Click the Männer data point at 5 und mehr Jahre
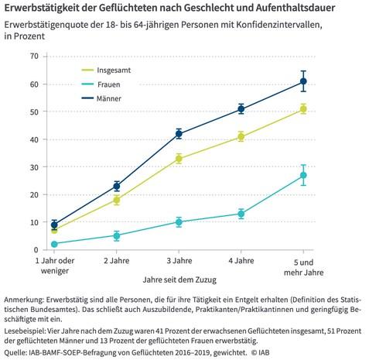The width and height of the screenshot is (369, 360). tap(303, 81)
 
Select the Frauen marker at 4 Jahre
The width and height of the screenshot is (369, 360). tap(241, 214)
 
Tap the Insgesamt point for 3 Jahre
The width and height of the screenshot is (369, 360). tap(179, 159)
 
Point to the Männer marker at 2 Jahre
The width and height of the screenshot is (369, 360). tap(117, 186)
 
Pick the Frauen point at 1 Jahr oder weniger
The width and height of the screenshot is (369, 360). tap(54, 244)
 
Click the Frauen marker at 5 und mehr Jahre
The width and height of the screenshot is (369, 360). tap(303, 175)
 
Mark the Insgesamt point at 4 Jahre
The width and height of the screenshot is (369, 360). tap(241, 137)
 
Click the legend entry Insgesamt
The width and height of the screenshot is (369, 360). tap(114, 70)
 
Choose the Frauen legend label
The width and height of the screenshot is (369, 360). tap(108, 84)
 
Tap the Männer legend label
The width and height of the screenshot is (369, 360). tap(109, 98)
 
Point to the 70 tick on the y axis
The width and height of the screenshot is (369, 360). tap(34, 56)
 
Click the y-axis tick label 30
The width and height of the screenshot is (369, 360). tap(34, 167)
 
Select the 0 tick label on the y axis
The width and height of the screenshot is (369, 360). tap(36, 250)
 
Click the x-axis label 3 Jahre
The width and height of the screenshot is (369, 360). tap(179, 261)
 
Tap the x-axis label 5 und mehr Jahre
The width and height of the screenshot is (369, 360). tap(303, 267)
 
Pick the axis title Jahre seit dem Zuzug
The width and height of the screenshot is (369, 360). tap(179, 279)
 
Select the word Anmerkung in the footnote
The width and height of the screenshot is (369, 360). tap(24, 300)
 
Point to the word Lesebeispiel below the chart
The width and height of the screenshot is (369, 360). tap(25, 331)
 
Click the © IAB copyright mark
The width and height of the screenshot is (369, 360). tap(261, 352)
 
